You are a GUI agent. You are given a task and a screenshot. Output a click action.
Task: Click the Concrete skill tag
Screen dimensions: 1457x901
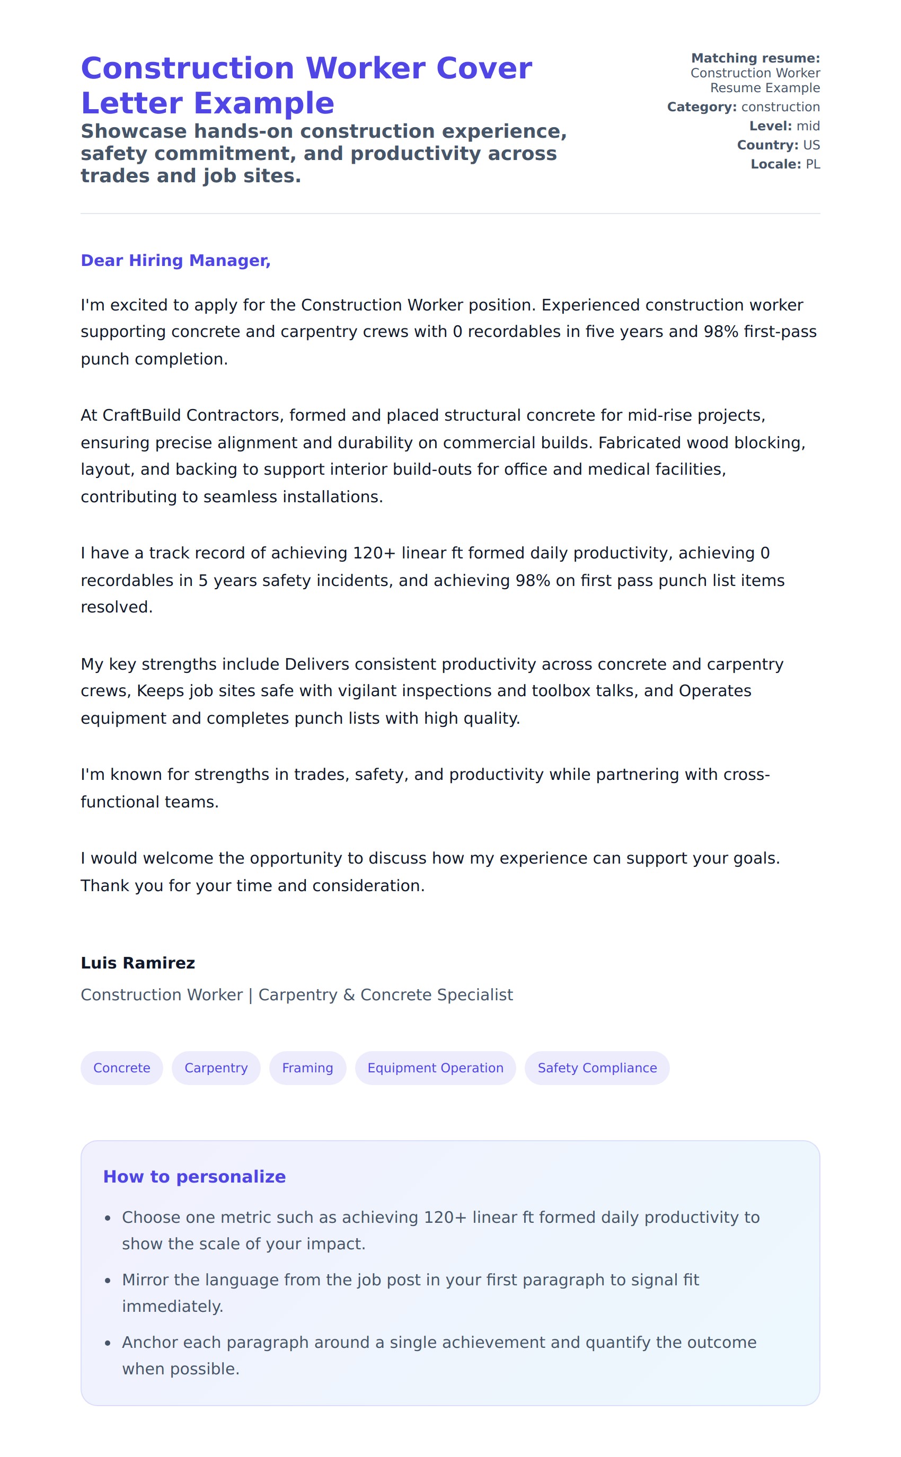[x=121, y=1068]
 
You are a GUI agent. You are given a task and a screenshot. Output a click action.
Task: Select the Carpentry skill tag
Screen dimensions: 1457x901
[x=216, y=1068]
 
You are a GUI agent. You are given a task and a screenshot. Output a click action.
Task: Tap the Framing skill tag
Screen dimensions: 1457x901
[x=307, y=1068]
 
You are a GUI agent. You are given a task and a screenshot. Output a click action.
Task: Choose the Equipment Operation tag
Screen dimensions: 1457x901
[x=435, y=1068]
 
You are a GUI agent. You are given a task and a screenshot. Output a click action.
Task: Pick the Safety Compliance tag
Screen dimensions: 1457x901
[x=597, y=1068]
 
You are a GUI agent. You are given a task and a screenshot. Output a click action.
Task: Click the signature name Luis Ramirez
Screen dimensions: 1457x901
[x=138, y=963]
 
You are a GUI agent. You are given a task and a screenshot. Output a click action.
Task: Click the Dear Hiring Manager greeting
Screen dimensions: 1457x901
[x=175, y=260]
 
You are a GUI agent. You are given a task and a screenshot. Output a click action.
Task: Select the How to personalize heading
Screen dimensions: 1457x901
[x=195, y=1176]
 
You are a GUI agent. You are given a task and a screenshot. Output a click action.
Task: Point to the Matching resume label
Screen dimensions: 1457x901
[x=755, y=58]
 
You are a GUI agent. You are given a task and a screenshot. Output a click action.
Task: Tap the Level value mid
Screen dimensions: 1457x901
[x=808, y=126]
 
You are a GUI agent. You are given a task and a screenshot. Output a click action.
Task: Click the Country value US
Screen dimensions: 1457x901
[x=811, y=145]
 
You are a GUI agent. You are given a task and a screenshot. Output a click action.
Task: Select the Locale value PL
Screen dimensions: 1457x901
[x=813, y=164]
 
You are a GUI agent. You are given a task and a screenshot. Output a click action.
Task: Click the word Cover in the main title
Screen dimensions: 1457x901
[x=484, y=68]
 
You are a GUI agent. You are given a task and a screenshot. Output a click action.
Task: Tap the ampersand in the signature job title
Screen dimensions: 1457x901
[x=349, y=996]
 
